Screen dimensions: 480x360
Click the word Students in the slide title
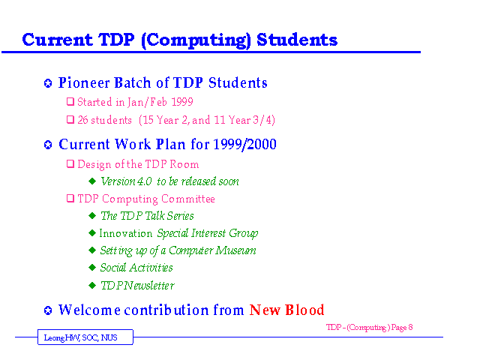tap(297, 40)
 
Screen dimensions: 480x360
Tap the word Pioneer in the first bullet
tap(84, 82)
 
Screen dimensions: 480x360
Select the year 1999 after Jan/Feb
tap(181, 102)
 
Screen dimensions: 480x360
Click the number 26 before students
tap(82, 120)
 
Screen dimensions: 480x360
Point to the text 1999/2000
tap(244, 144)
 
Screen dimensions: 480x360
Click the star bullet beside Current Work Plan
tap(48, 145)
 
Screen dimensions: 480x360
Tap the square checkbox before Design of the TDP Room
tap(70, 164)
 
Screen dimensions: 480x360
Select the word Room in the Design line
tap(184, 164)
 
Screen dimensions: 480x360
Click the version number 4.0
tap(144, 181)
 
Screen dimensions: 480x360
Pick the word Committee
tap(188, 199)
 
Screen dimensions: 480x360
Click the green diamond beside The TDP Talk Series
tap(92, 216)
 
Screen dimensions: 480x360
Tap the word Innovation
tap(125, 233)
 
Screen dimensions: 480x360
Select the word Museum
tap(235, 250)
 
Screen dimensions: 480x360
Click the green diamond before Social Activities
tap(92, 268)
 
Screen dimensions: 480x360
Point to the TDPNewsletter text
tap(137, 286)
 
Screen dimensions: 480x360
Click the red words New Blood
tap(286, 310)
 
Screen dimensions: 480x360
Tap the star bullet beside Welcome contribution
tap(48, 310)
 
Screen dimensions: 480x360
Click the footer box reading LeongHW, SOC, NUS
tap(85, 337)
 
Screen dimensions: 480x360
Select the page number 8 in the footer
tap(410, 327)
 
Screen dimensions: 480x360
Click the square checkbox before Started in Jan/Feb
tap(70, 102)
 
